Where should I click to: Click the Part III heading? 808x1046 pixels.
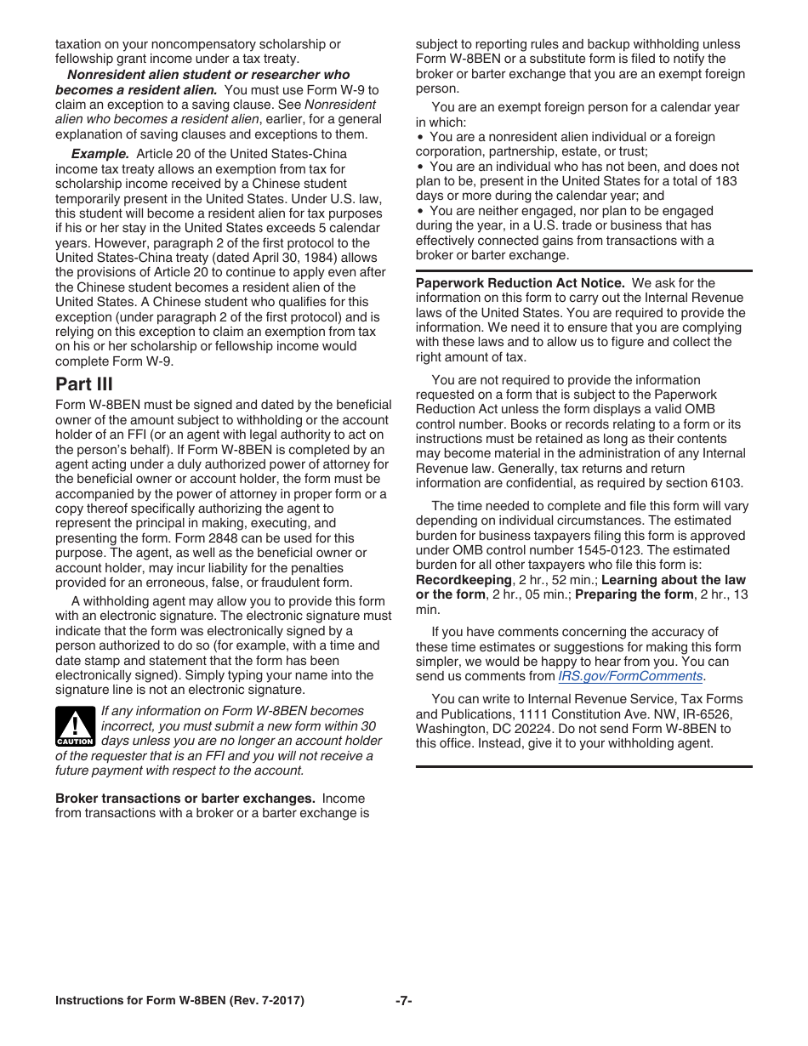(83, 384)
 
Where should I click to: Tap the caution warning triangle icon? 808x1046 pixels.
(74, 725)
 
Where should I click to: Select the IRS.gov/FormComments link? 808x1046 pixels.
(630, 676)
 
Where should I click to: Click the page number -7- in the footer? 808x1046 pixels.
(403, 1001)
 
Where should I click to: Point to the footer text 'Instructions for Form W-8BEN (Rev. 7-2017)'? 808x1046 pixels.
(179, 1001)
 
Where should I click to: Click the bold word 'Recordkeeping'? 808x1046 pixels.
(464, 580)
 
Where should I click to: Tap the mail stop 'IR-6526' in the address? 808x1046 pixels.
(696, 713)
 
